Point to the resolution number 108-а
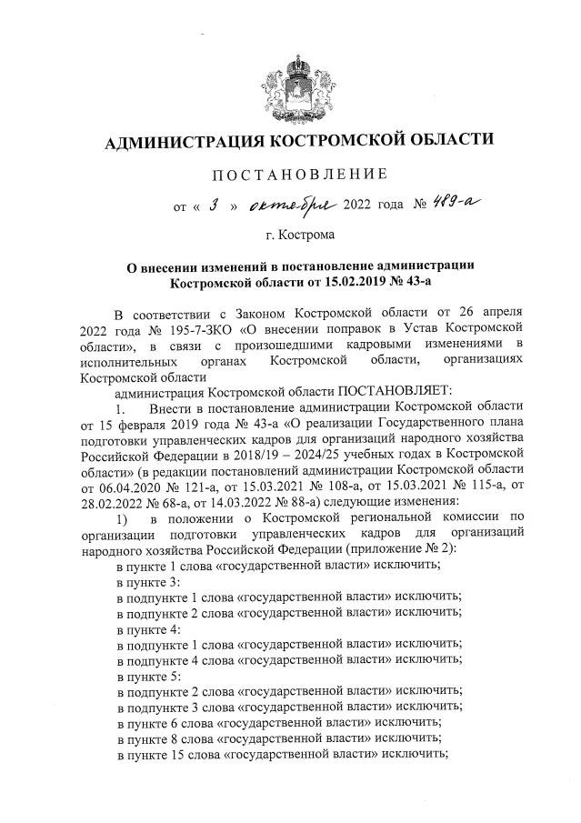click(348, 467)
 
